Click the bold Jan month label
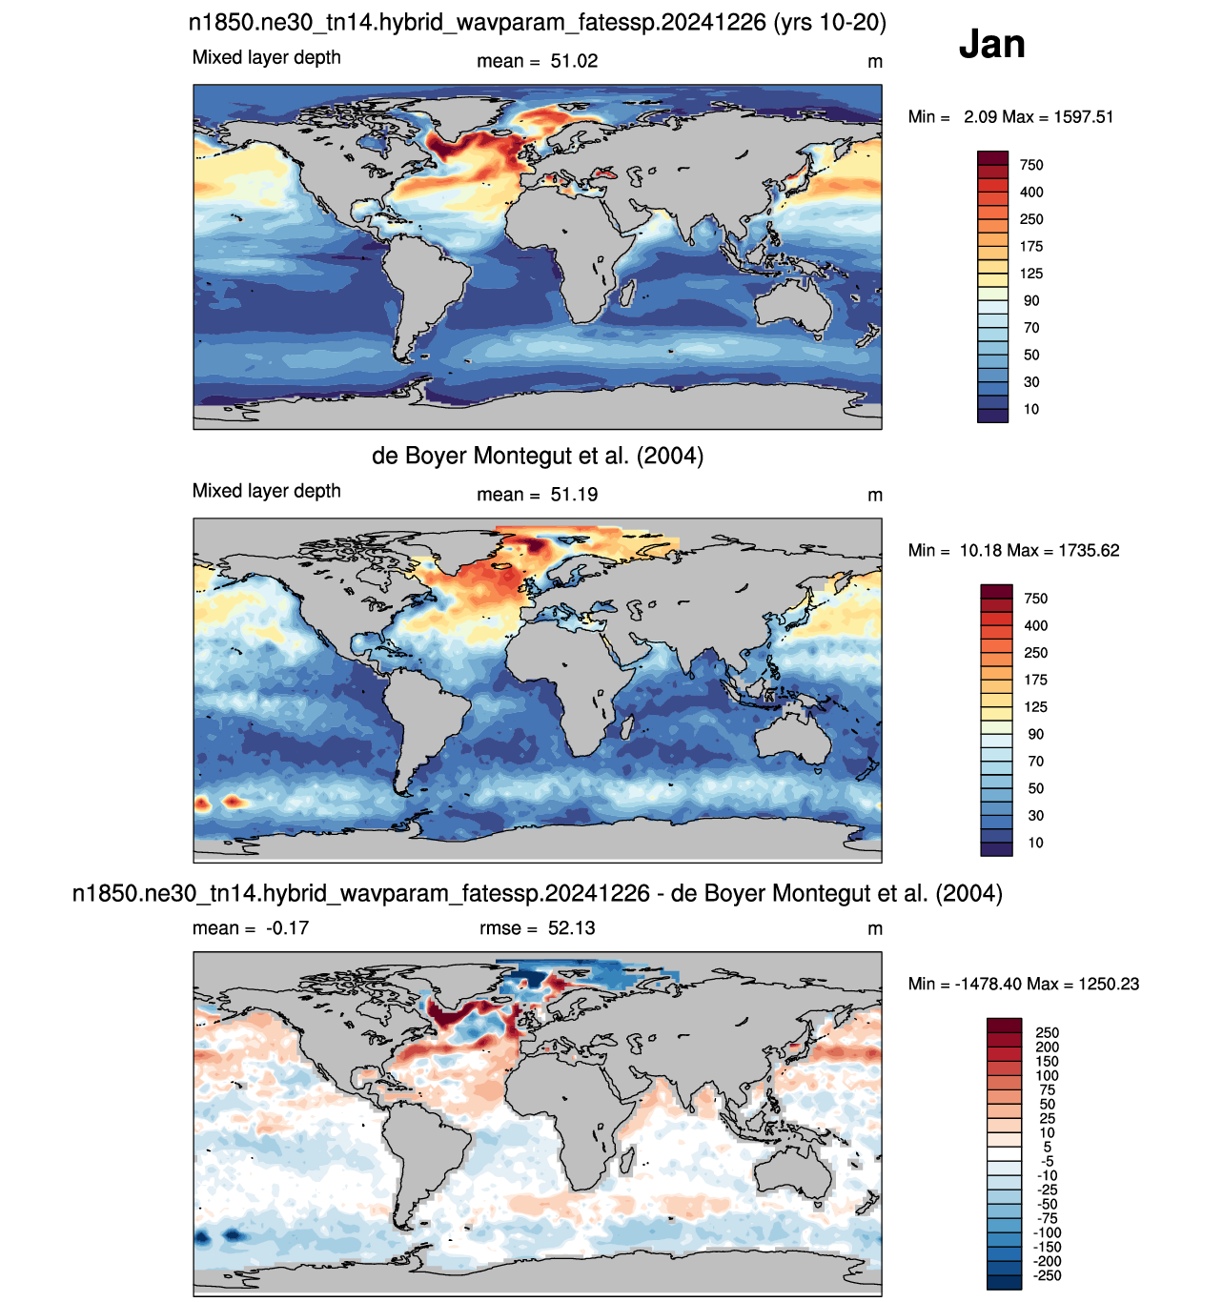(990, 44)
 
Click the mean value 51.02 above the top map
(574, 61)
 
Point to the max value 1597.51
(1083, 116)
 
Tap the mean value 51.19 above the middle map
(574, 495)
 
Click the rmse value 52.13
(571, 927)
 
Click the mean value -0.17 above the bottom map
(287, 927)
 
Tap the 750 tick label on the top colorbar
(1030, 165)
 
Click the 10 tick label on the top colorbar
(1030, 409)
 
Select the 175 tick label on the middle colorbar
(1035, 680)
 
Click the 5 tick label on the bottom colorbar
(1048, 1147)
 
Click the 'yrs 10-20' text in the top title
(829, 22)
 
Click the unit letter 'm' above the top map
(875, 62)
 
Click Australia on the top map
(792, 306)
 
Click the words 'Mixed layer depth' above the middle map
(266, 491)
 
